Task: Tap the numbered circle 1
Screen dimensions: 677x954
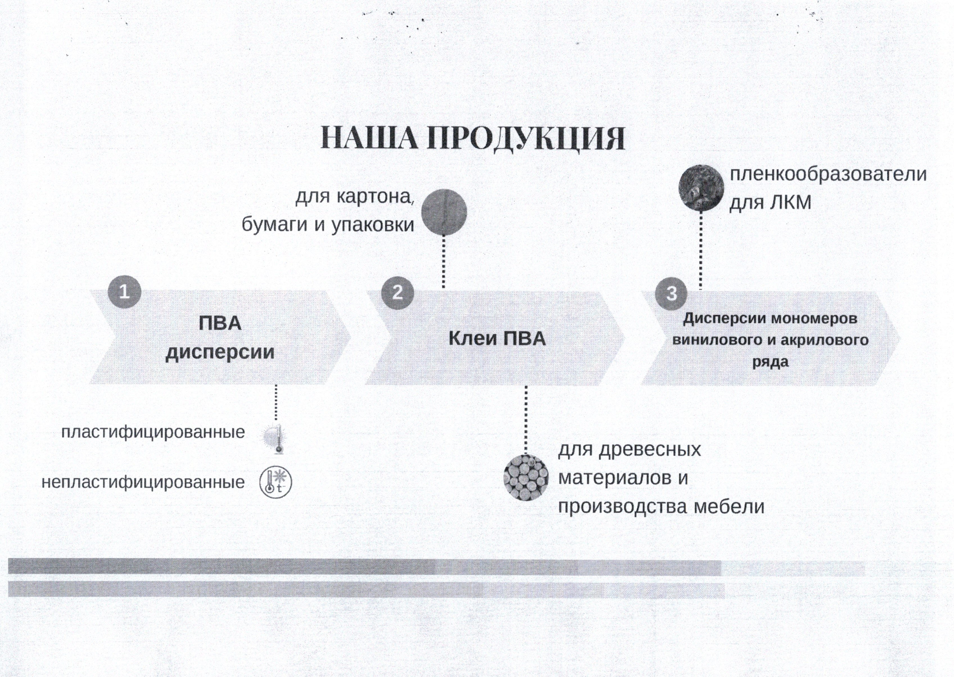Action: (x=124, y=291)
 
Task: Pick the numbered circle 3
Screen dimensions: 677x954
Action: (x=671, y=293)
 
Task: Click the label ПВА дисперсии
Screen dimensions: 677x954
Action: (x=220, y=338)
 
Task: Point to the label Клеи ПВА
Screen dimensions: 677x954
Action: (x=497, y=338)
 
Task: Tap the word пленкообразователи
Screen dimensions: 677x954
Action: (x=828, y=174)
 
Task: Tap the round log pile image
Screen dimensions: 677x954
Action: (x=526, y=477)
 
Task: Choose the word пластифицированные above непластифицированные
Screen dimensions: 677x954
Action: (x=153, y=432)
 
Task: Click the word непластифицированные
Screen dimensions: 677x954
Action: (x=143, y=482)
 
